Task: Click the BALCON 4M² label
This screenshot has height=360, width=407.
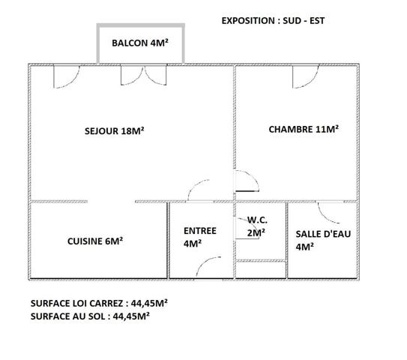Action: coord(139,43)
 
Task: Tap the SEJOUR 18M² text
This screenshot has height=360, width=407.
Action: coord(114,130)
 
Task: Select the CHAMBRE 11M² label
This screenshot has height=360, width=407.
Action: coord(304,129)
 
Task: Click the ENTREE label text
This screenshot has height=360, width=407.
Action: coord(200,231)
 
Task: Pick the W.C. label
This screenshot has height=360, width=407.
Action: coord(257,220)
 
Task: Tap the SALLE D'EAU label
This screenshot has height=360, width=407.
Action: coord(323,233)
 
